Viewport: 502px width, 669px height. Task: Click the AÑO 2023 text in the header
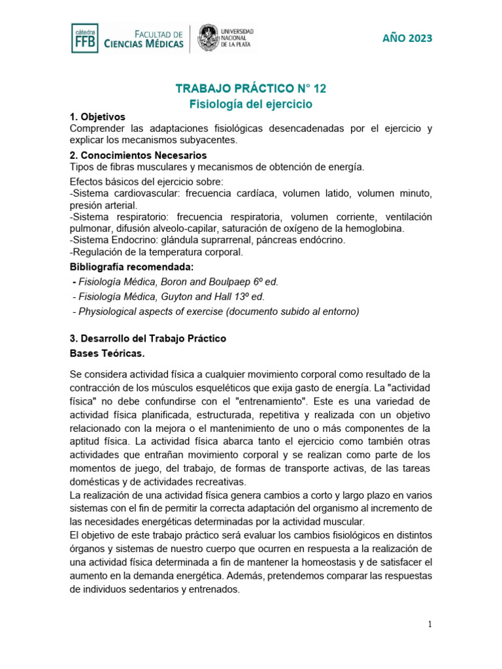click(x=407, y=38)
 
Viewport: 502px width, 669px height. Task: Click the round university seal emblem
click(x=209, y=39)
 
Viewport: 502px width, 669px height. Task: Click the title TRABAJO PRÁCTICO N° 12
click(x=251, y=88)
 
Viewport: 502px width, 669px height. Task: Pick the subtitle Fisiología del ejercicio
click(x=251, y=104)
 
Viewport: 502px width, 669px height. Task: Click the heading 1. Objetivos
click(x=97, y=116)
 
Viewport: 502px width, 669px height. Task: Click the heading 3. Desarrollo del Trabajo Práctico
click(x=148, y=338)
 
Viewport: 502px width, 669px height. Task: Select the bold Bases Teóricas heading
click(x=107, y=353)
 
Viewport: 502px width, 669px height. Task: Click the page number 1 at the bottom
click(x=429, y=625)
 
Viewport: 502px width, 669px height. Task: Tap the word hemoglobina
click(x=373, y=228)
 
